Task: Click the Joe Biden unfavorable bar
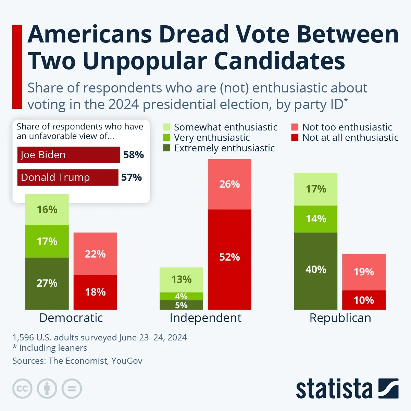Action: pyautogui.click(x=68, y=155)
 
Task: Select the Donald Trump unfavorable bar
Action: pyautogui.click(x=68, y=177)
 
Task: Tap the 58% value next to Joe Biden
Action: pyautogui.click(x=133, y=155)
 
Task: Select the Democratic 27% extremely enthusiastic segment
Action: pyautogui.click(x=47, y=284)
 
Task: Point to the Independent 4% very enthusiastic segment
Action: pyautogui.click(x=181, y=296)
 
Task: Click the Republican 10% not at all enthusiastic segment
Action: pyautogui.click(x=364, y=300)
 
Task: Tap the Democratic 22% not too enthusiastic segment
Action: pyautogui.click(x=95, y=254)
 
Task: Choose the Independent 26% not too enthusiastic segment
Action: pyautogui.click(x=229, y=184)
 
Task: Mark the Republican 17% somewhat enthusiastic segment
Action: pyautogui.click(x=315, y=189)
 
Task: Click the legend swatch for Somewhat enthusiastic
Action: pyautogui.click(x=167, y=127)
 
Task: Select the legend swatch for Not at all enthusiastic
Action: pyautogui.click(x=295, y=138)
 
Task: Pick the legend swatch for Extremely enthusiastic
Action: pyautogui.click(x=167, y=148)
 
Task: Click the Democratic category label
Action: pyautogui.click(x=71, y=318)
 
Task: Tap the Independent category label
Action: pyautogui.click(x=206, y=318)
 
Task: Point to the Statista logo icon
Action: pyautogui.click(x=388, y=388)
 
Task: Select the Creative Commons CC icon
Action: pyautogui.click(x=22, y=389)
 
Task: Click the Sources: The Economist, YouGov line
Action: pyautogui.click(x=77, y=361)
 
